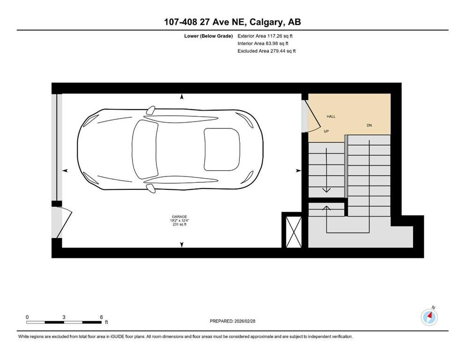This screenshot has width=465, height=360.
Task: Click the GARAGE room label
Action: pyautogui.click(x=179, y=217)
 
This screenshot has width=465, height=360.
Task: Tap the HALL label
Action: pyautogui.click(x=331, y=116)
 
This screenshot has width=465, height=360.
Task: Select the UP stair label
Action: pyautogui.click(x=326, y=131)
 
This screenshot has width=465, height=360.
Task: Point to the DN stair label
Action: pyautogui.click(x=369, y=125)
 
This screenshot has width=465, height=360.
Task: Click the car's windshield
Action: pyautogui.click(x=145, y=149)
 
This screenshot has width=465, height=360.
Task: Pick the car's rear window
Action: pyautogui.click(x=222, y=149)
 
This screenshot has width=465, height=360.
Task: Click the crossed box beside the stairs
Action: pyautogui.click(x=294, y=232)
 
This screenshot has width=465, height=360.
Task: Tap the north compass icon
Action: pyautogui.click(x=429, y=317)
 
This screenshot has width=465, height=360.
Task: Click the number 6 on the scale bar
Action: pyautogui.click(x=101, y=317)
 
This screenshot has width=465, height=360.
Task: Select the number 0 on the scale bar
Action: pyautogui.click(x=27, y=317)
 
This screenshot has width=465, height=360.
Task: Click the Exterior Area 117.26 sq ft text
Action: pyautogui.click(x=265, y=36)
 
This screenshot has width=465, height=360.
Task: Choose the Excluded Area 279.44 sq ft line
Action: pyautogui.click(x=266, y=51)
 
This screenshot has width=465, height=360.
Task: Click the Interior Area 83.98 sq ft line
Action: pyautogui.click(x=263, y=43)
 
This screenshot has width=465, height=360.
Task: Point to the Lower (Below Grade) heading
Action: pyautogui.click(x=208, y=36)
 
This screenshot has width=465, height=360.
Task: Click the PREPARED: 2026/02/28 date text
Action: pyautogui.click(x=232, y=321)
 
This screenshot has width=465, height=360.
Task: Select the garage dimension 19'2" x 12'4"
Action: pyautogui.click(x=179, y=220)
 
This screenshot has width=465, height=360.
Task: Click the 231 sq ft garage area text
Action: pyautogui.click(x=179, y=225)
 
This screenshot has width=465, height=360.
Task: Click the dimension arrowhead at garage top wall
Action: pyautogui.click(x=182, y=97)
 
